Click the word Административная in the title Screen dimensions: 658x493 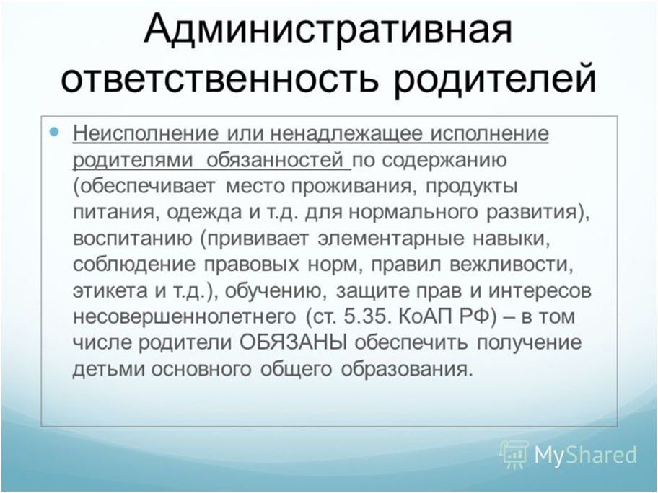tap(328, 30)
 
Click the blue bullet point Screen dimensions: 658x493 tap(54, 132)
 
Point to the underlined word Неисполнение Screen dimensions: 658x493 tap(146, 133)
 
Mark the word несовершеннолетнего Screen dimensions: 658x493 tap(184, 317)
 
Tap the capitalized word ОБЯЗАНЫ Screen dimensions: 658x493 tap(294, 343)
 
